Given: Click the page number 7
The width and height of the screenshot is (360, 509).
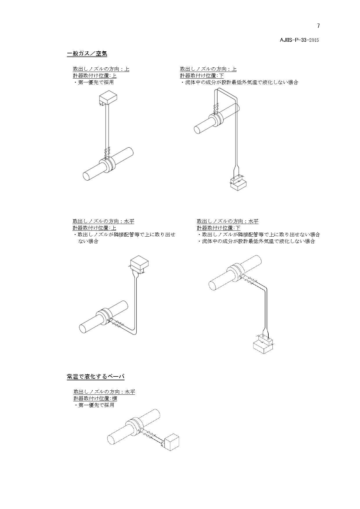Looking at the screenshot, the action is [318, 26].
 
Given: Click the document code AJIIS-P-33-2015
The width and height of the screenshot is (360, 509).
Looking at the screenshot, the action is [299, 40].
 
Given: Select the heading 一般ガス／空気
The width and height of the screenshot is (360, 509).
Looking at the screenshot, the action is [87, 53].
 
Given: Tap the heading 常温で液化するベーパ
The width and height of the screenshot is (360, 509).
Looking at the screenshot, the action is [96, 376].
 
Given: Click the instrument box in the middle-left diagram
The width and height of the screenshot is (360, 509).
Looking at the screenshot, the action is [139, 264].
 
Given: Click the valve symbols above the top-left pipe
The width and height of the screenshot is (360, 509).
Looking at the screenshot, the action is [107, 151].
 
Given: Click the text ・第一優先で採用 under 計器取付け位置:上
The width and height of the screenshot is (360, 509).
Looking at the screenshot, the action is [93, 82].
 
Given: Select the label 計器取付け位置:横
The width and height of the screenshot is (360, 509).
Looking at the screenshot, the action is [95, 398].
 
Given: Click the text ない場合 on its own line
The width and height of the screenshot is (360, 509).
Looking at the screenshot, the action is [88, 241].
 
